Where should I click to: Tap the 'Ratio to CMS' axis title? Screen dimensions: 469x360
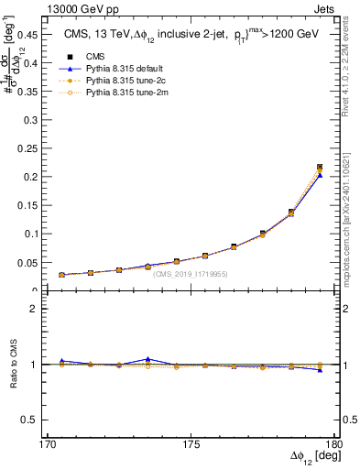coord(13,365)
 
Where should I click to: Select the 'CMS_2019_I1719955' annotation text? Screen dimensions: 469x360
coord(190,274)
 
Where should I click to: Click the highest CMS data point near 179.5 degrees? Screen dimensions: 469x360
coord(320,167)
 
